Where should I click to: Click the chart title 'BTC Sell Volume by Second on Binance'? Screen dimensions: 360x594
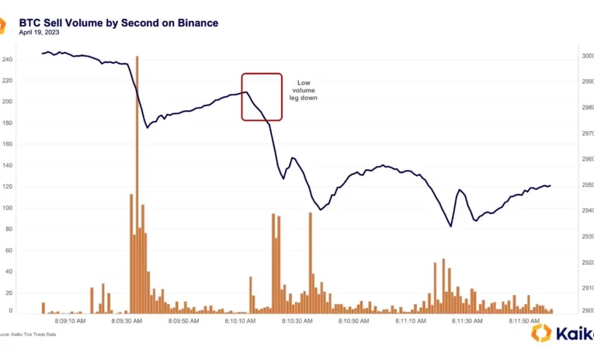pos(118,22)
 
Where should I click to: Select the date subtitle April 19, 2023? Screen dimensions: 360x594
pos(39,33)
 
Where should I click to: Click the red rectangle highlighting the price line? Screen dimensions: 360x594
pos(261,97)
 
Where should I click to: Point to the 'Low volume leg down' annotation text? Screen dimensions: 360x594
pos(303,90)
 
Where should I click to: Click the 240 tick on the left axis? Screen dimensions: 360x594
pos(9,59)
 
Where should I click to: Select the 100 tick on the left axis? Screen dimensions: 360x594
pos(9,208)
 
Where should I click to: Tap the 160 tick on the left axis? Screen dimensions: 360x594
pos(9,144)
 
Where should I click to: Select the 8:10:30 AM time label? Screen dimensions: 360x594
pos(297,320)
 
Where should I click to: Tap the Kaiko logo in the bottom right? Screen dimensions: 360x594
pos(562,334)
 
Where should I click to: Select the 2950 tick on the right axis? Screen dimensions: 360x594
pos(586,185)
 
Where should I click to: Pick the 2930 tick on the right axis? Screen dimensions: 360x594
pos(586,237)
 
